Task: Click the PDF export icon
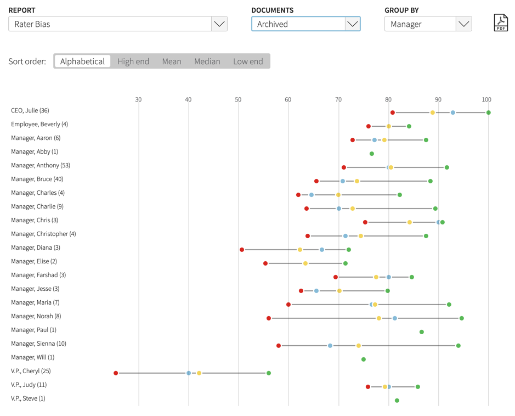tap(500, 23)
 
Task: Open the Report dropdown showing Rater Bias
tap(117, 24)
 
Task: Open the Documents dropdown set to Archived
tap(305, 24)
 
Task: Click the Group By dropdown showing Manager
tap(428, 24)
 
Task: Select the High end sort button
tap(133, 61)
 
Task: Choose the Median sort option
tap(207, 61)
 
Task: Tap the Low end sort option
tap(248, 61)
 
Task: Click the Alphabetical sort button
tap(82, 61)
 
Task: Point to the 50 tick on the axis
tap(238, 99)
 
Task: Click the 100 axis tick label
tap(486, 99)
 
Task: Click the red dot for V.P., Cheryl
tap(116, 373)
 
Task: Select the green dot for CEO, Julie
tap(489, 113)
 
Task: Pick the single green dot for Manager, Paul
tap(422, 332)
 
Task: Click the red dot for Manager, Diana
tap(242, 250)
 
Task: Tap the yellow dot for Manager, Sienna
tap(359, 346)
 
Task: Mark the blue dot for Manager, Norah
tap(395, 318)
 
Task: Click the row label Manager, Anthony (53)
tap(41, 165)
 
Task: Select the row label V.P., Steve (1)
tap(28, 398)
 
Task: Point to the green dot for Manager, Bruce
tap(431, 181)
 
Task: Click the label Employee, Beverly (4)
tap(39, 124)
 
